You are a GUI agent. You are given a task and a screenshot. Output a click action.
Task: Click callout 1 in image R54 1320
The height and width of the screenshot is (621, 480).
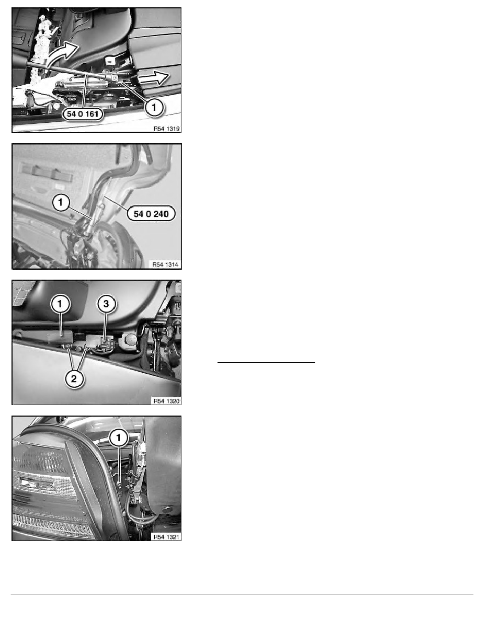tap(61, 303)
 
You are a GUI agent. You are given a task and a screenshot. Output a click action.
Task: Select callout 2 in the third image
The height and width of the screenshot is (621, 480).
tap(74, 380)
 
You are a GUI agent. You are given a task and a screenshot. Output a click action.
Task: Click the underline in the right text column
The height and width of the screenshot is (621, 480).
tap(266, 361)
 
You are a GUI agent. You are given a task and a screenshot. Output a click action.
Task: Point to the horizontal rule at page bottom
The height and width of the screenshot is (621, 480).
tap(240, 594)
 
